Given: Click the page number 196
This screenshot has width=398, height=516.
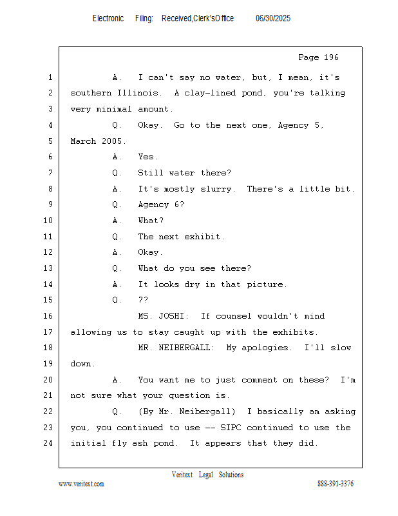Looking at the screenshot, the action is pyautogui.click(x=331, y=57).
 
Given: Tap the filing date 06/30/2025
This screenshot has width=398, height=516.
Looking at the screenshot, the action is pyautogui.click(x=273, y=19).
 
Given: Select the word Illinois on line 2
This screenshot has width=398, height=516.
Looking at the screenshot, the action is pyautogui.click(x=138, y=93).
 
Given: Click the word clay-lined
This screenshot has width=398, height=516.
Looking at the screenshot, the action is pyautogui.click(x=210, y=93).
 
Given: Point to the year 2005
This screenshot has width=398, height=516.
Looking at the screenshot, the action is pyautogui.click(x=112, y=141).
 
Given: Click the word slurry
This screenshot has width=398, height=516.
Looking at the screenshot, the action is pyautogui.click(x=216, y=189).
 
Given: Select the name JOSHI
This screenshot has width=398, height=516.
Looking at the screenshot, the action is pyautogui.click(x=171, y=316).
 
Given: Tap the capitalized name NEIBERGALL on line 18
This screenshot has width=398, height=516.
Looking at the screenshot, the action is pyautogui.click(x=184, y=348).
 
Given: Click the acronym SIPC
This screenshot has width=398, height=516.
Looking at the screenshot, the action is pyautogui.click(x=231, y=428).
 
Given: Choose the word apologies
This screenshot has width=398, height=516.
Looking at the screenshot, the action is pyautogui.click(x=265, y=348).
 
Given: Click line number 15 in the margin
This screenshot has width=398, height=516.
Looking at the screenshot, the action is pyautogui.click(x=48, y=300).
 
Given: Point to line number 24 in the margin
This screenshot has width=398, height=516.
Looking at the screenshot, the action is pyautogui.click(x=48, y=443).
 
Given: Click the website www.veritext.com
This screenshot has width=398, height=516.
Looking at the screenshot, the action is pyautogui.click(x=81, y=484).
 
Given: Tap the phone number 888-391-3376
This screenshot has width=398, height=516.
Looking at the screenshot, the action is pyautogui.click(x=336, y=484).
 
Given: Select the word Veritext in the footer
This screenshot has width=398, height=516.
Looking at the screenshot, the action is pyautogui.click(x=182, y=475).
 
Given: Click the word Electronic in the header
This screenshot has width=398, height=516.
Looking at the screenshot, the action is pyautogui.click(x=108, y=19).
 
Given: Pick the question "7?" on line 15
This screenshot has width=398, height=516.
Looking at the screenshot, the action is pyautogui.click(x=144, y=300).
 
